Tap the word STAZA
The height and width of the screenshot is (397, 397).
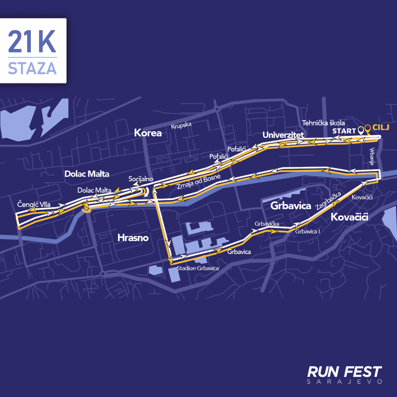click(32, 68)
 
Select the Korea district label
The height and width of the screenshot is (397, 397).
click(148, 133)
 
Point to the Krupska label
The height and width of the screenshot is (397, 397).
click(181, 125)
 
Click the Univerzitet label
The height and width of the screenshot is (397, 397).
click(283, 135)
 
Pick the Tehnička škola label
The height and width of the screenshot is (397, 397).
click(323, 123)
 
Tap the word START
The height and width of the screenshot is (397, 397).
click(344, 131)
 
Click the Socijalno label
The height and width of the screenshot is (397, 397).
click(141, 179)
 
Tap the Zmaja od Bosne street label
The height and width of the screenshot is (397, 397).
click(198, 182)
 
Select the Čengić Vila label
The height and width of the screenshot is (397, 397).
click(34, 204)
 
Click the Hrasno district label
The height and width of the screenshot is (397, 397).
click(133, 238)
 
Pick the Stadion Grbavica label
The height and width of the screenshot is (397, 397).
click(198, 268)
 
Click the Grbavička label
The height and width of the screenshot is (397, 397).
click(267, 223)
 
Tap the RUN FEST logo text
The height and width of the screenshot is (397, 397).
click(344, 372)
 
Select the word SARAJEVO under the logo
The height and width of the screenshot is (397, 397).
click(344, 382)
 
